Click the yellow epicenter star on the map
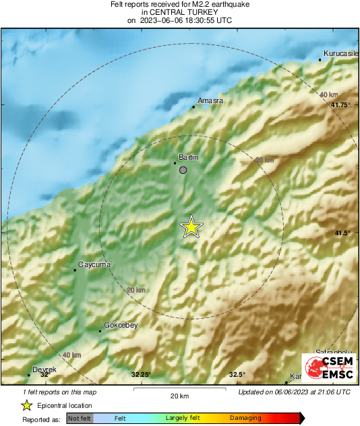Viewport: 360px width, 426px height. click(191, 227)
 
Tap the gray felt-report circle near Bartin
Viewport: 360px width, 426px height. click(183, 170)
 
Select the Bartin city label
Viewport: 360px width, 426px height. click(187, 156)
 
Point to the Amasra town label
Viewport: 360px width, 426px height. click(209, 101)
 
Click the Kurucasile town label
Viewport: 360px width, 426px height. click(340, 53)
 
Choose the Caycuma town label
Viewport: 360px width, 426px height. click(94, 264)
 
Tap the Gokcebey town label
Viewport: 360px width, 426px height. click(120, 326)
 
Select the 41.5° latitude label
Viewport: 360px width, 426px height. click(343, 233)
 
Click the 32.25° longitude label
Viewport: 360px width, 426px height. click(141, 375)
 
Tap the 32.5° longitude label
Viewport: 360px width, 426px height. click(236, 375)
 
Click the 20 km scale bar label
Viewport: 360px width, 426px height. click(179, 395)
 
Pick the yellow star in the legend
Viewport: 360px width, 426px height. click(26, 405)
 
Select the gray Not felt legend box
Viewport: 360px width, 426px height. click(79, 419)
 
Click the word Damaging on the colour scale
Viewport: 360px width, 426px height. click(245, 419)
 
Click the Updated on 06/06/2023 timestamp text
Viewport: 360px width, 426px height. click(294, 392)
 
